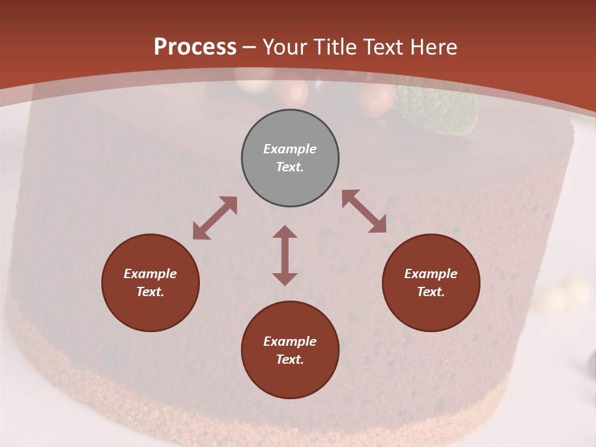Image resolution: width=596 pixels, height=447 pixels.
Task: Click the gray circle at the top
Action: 290,158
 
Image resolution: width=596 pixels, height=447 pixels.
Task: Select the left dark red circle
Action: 150,283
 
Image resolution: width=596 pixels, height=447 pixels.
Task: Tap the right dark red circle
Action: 431,283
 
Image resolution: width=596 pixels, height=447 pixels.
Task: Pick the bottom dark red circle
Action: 290,350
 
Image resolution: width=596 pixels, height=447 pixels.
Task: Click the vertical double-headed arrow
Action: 285,255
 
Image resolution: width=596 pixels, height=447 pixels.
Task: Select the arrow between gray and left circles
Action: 215,218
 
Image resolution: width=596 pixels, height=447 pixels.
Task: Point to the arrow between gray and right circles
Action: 364,212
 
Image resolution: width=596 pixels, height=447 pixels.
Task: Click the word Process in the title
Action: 195,47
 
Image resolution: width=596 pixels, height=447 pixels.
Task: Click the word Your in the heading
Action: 284,47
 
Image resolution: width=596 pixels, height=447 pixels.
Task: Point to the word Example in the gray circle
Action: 290,149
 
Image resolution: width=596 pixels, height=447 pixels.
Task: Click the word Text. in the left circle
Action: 150,292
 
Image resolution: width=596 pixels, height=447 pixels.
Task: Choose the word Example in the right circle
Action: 431,274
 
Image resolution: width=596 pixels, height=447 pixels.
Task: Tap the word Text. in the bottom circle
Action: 290,359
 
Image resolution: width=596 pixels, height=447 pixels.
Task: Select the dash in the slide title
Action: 249,47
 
